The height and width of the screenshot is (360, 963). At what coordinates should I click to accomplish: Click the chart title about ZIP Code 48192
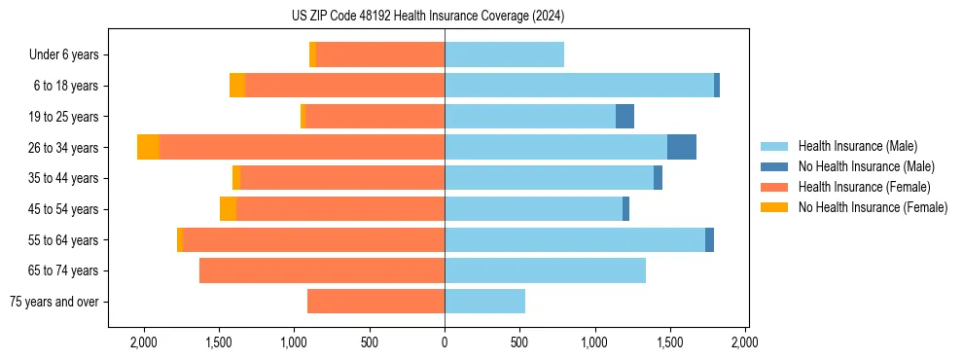pos(427,17)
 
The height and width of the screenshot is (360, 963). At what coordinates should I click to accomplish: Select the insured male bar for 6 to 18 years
pos(579,86)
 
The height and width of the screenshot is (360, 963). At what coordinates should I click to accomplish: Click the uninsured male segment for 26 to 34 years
pos(681,147)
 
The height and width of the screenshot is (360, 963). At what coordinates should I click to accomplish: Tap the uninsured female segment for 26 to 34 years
pos(148,147)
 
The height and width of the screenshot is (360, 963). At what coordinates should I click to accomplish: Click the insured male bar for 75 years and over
pos(484,302)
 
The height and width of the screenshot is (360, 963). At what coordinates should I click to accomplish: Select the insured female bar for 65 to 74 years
pos(321,270)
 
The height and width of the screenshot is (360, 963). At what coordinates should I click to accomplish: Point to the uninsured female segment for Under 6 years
pos(312,54)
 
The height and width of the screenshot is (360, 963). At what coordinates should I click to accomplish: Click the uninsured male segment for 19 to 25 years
pos(624,117)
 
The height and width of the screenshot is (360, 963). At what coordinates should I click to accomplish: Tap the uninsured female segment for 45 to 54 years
pos(228,209)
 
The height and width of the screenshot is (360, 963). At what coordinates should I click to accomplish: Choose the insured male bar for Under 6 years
pos(504,54)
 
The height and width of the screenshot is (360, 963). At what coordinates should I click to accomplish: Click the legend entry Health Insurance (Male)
pos(857,146)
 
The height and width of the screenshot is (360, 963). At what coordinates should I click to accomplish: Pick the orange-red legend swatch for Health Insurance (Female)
pos(775,187)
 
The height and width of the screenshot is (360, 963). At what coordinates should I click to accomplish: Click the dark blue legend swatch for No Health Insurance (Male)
pos(775,166)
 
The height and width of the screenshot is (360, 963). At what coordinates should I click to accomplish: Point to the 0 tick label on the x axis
pos(445,343)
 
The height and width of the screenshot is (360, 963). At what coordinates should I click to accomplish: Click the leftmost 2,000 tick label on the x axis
pos(143,343)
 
